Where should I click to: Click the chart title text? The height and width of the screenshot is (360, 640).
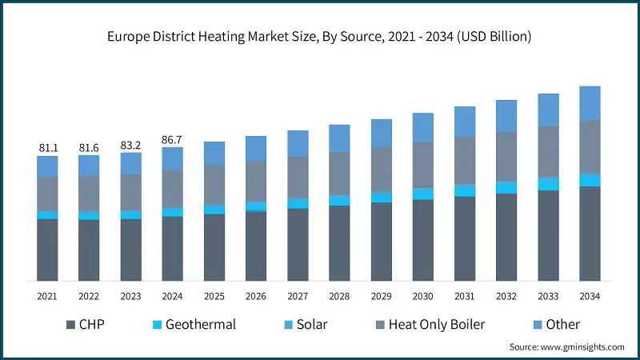pyautogui.click(x=320, y=37)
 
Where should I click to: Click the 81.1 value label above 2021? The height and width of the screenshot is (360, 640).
pyautogui.click(x=47, y=148)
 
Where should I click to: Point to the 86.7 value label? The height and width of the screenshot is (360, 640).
pyautogui.click(x=172, y=139)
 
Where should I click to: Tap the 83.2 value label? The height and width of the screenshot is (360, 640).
pyautogui.click(x=130, y=145)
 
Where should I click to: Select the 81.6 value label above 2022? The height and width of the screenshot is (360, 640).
pyautogui.click(x=89, y=148)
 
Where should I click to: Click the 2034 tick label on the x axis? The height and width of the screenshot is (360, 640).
pyautogui.click(x=590, y=296)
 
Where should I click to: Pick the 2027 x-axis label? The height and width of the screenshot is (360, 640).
pyautogui.click(x=298, y=296)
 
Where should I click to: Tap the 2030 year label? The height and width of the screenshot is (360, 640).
pyautogui.click(x=422, y=296)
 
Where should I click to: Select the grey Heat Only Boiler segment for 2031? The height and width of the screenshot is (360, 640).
pyautogui.click(x=465, y=161)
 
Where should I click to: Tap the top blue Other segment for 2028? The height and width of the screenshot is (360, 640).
pyautogui.click(x=339, y=138)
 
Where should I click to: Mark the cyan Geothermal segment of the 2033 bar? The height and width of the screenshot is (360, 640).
pyautogui.click(x=548, y=184)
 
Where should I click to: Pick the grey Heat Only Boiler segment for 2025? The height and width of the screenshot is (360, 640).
pyautogui.click(x=214, y=185)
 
